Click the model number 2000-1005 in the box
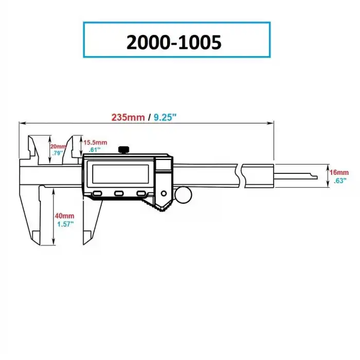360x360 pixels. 174,41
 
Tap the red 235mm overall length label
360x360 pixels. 128,117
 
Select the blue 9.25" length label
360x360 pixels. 165,117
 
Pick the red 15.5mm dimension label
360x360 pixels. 96,142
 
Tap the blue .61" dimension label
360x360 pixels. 94,150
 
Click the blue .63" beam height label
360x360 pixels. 339,181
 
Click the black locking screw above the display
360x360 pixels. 123,150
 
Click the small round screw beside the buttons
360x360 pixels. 164,193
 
